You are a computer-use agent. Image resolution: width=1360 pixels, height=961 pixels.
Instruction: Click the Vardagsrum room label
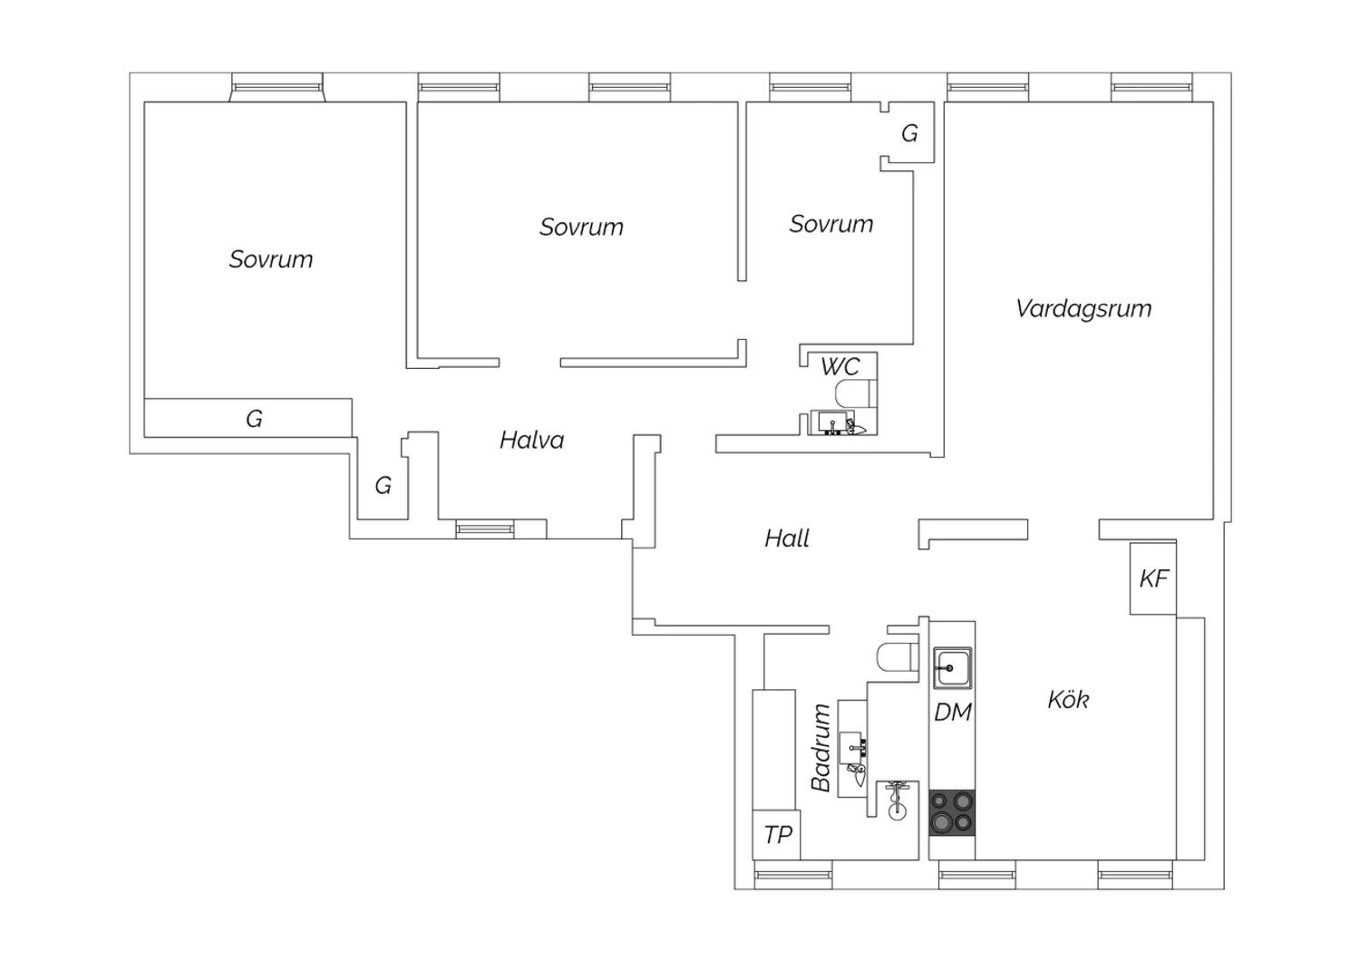[x=1083, y=309]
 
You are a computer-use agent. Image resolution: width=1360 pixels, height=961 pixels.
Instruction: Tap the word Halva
[x=532, y=440]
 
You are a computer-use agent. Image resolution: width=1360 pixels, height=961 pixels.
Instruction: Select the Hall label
[x=787, y=539]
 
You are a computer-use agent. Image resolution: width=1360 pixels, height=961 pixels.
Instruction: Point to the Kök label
[x=1069, y=699]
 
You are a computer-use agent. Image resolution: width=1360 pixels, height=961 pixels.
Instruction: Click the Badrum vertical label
[x=821, y=748]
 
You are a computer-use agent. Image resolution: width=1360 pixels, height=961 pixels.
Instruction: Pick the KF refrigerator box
[x=1153, y=578]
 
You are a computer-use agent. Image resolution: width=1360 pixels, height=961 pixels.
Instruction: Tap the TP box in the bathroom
[x=776, y=835]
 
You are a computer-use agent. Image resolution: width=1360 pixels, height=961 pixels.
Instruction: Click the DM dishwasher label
[x=953, y=712]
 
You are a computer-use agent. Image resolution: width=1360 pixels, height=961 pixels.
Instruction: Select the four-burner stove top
[x=952, y=813]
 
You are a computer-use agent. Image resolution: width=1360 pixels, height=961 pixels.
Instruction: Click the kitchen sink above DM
[x=953, y=668]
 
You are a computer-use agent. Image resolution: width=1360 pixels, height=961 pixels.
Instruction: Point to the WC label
[x=840, y=366]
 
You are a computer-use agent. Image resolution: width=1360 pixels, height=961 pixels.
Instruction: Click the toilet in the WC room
[x=857, y=393]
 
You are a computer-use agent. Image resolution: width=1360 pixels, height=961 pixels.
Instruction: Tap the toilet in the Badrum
[x=898, y=657]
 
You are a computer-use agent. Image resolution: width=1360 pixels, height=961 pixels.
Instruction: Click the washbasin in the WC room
[x=832, y=422]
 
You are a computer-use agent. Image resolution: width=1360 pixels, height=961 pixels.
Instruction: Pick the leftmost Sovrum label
[x=271, y=260]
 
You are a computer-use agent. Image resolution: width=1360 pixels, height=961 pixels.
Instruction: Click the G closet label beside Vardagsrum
[x=908, y=133]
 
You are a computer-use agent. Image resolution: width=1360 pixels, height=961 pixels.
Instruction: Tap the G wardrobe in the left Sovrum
[x=248, y=418]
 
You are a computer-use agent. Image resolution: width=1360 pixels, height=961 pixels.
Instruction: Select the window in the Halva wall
[x=485, y=529]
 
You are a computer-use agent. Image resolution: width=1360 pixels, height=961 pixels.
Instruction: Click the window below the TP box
[x=793, y=875]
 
